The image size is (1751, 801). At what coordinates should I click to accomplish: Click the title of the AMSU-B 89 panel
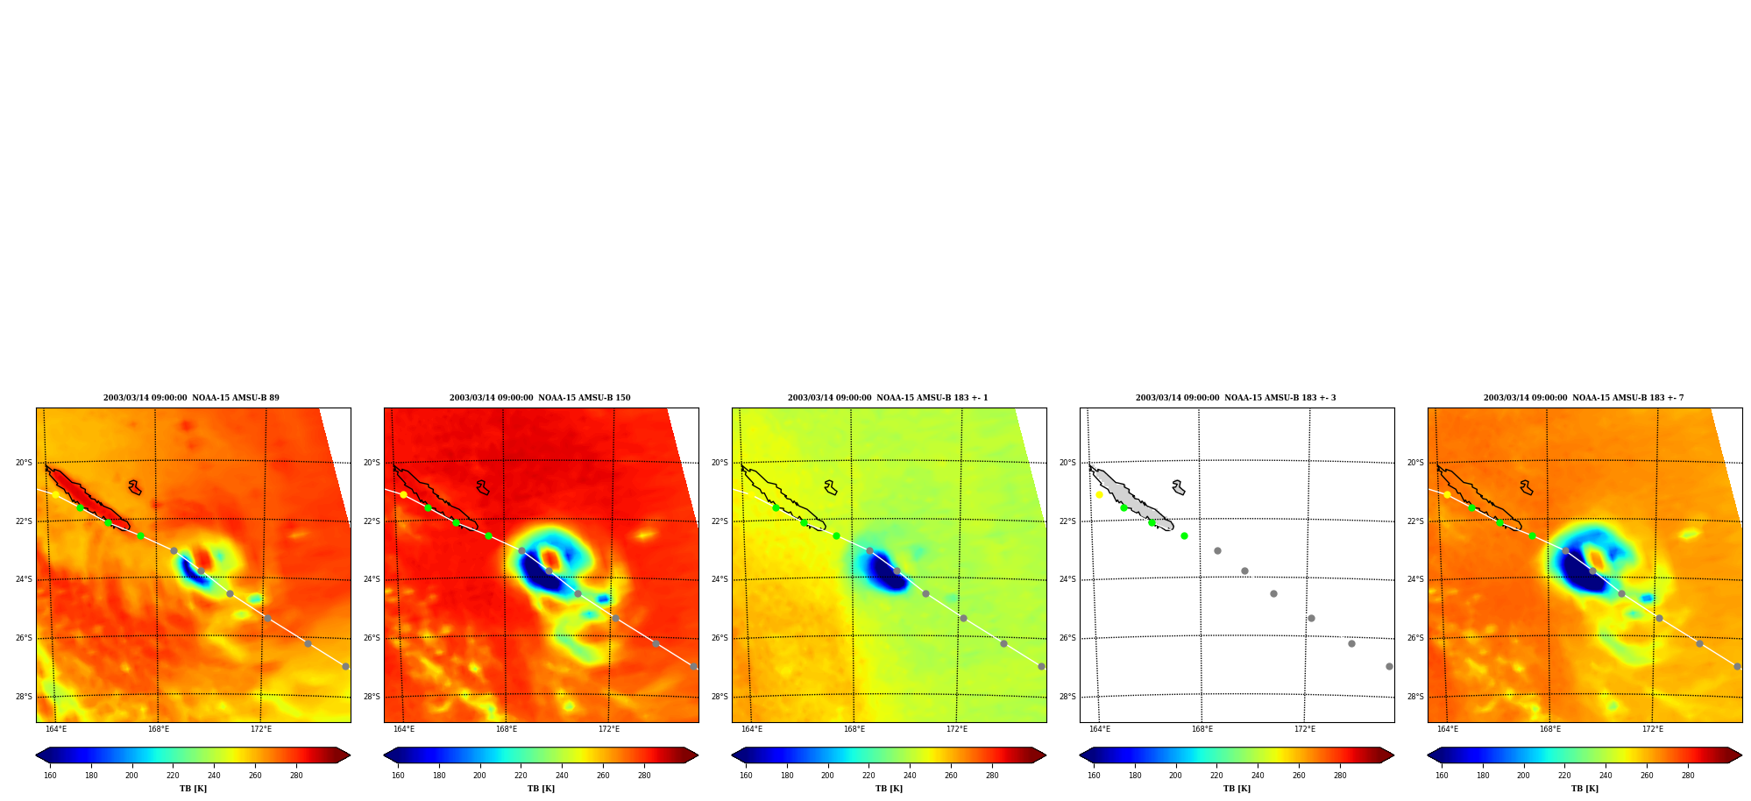coord(191,398)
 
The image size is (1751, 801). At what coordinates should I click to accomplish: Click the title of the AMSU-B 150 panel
coord(540,398)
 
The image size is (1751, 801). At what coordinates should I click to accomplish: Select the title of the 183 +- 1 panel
coord(888,398)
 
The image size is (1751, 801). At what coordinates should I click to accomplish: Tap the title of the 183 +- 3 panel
coord(1236,398)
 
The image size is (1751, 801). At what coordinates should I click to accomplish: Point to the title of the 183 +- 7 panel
coord(1584,398)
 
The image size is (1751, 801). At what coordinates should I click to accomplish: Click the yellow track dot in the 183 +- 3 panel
coord(1099,494)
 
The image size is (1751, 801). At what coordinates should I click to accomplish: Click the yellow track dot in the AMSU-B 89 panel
coord(55,494)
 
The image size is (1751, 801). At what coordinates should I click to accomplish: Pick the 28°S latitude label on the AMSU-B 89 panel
coord(24,697)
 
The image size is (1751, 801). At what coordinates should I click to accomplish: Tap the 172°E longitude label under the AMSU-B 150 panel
coord(608,729)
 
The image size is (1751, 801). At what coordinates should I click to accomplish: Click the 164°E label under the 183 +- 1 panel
coord(751,729)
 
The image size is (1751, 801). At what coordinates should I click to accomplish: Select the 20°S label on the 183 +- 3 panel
coord(1067,463)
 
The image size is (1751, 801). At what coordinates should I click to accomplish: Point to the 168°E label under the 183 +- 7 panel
coord(1549,729)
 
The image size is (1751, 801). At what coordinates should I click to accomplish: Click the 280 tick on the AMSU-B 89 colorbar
coord(296,776)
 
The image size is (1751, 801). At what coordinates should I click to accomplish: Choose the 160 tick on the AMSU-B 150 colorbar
coord(398,776)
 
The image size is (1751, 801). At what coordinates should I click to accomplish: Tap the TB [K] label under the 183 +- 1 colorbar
coord(889,789)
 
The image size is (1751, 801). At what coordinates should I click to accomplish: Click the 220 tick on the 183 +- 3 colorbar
coord(1216,776)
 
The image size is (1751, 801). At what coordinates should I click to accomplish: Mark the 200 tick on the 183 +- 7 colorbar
coord(1523,776)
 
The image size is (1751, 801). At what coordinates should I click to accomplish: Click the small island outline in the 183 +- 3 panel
coord(1179,487)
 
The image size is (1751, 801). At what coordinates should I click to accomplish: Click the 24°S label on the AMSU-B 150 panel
coord(372,579)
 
